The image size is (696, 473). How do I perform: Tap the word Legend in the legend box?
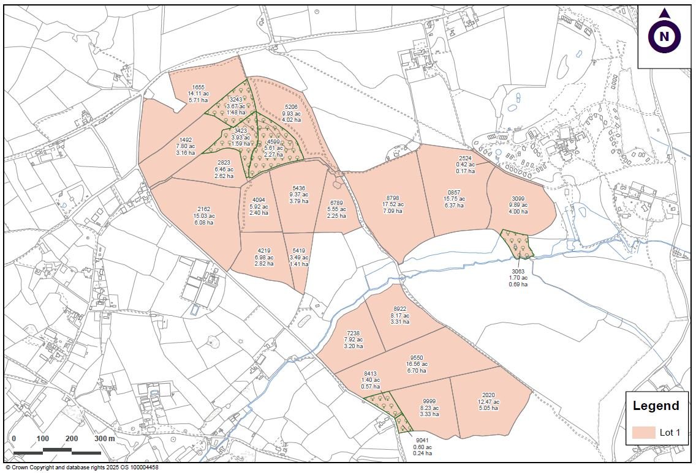(x=656, y=406)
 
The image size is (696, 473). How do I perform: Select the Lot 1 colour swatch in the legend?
(x=643, y=433)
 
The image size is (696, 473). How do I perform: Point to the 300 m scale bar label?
(x=105, y=439)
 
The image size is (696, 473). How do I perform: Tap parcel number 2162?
(x=203, y=209)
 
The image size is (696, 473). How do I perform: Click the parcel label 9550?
(x=417, y=357)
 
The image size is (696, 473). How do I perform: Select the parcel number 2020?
(x=488, y=395)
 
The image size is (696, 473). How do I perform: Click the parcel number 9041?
(x=422, y=441)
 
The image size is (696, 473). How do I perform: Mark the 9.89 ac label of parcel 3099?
(x=518, y=205)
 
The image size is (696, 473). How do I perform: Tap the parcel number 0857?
(x=454, y=192)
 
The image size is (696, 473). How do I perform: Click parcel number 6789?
(x=336, y=203)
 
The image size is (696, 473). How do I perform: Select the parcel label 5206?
(x=291, y=106)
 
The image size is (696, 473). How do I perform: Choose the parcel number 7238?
(x=354, y=333)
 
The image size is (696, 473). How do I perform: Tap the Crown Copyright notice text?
(x=81, y=467)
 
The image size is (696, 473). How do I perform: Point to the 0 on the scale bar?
(x=13, y=439)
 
